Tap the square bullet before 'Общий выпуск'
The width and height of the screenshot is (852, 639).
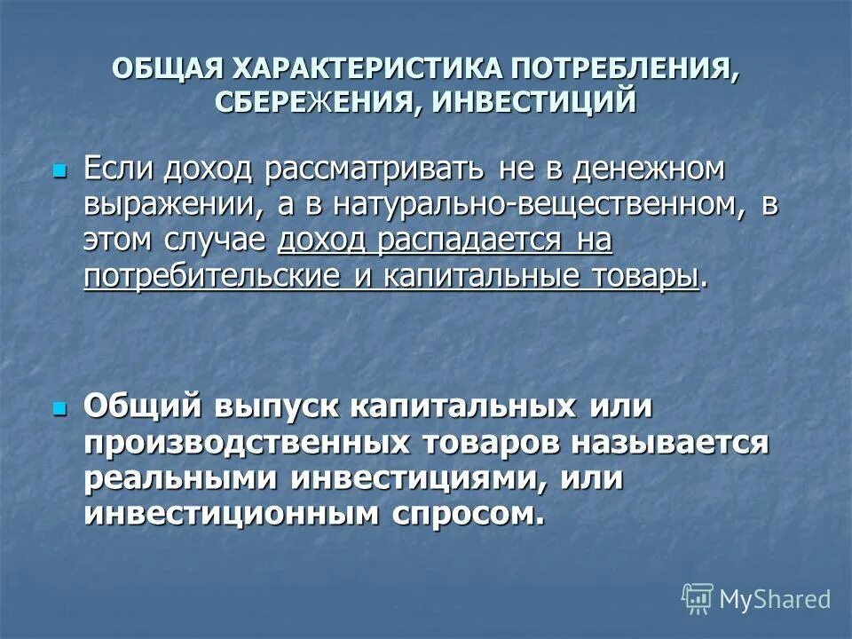(60, 409)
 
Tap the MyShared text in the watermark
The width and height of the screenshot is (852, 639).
(774, 599)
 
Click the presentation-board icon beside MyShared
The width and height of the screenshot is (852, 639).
(698, 599)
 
